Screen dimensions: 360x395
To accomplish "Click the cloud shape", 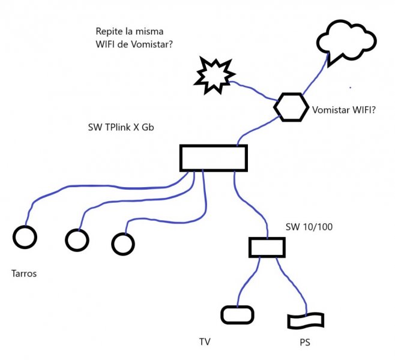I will click(347, 41).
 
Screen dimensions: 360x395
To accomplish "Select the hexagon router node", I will click(291, 107).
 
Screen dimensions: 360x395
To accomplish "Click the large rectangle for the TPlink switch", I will click(214, 157).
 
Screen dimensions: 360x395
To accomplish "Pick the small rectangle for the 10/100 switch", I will click(267, 247).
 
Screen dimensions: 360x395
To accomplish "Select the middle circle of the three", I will click(77, 240).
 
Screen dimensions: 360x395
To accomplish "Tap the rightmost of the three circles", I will click(123, 243).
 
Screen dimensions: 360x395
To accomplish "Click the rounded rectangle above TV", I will click(238, 314).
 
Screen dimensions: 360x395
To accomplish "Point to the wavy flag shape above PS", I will click(306, 321).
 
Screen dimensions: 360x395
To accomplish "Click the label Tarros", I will click(24, 274).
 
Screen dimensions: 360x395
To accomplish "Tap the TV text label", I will click(205, 343).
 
